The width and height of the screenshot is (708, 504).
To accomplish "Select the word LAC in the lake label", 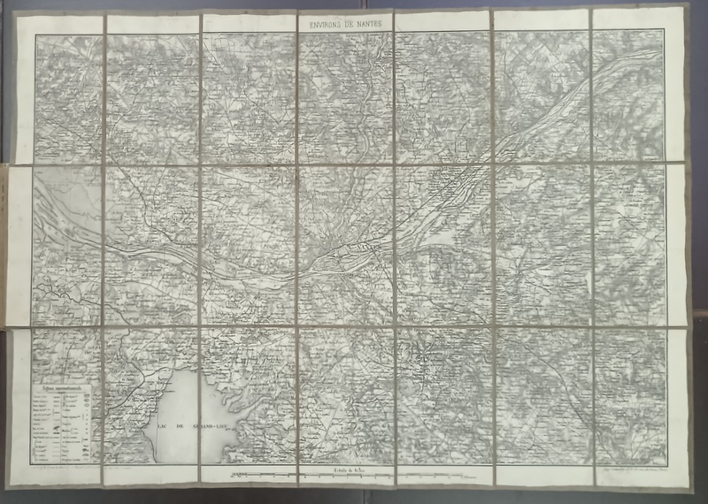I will point(164,426).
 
